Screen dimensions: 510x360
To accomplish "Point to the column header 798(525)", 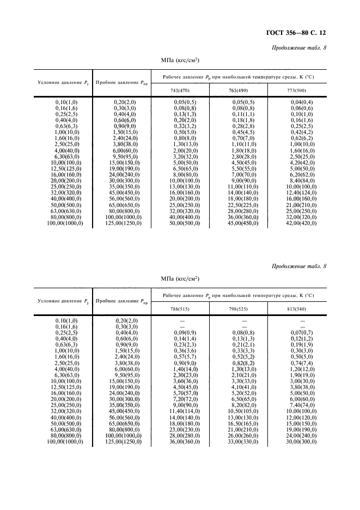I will [244, 308].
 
